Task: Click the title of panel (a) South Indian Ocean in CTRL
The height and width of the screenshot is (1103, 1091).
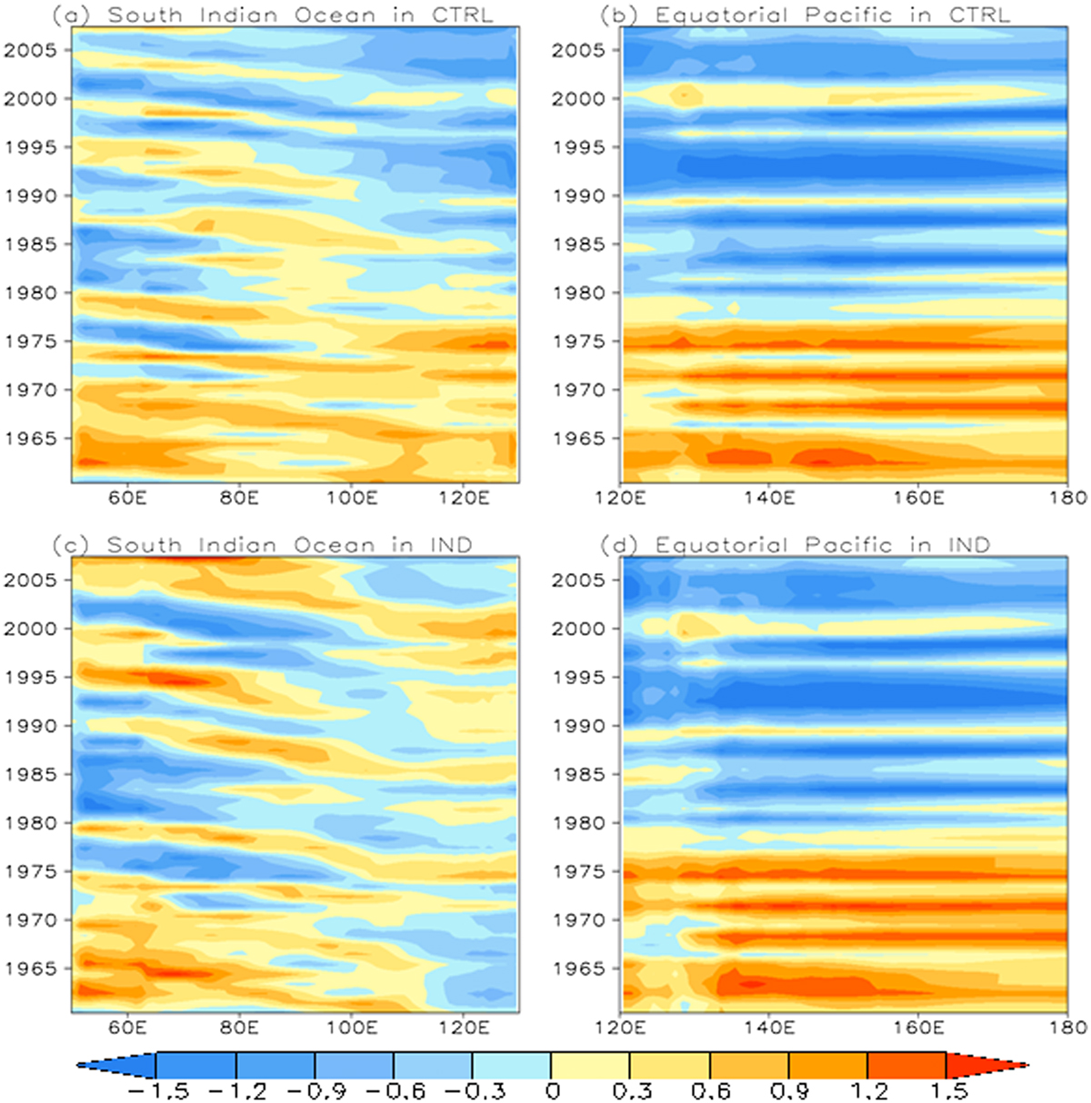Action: coord(273,15)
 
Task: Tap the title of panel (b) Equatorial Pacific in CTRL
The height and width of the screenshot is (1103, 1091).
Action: coord(806,15)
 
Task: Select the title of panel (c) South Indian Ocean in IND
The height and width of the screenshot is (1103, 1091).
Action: coord(262,544)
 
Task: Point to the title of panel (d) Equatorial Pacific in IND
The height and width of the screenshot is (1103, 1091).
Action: coord(796,544)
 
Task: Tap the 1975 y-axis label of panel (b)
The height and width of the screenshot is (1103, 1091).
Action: coord(580,341)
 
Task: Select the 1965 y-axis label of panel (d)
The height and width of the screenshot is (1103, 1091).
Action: coord(580,969)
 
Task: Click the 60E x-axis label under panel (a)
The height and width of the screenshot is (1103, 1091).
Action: coord(126,498)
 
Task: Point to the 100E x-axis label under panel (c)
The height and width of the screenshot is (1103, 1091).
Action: coord(352,1028)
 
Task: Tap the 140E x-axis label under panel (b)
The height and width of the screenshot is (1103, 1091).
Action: coord(769,498)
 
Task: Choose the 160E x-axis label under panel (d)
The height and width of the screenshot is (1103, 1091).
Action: coord(918,1028)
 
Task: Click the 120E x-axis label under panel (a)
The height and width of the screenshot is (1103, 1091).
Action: coord(465,498)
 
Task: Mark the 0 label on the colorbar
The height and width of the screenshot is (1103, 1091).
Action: coord(552,1091)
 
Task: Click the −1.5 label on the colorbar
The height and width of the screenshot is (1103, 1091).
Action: coord(158,1091)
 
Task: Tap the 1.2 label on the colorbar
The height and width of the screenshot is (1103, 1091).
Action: coord(867,1091)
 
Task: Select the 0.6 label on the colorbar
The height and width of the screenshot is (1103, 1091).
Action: coord(709,1091)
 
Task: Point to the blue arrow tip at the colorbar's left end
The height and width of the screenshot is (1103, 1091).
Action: coord(78,1065)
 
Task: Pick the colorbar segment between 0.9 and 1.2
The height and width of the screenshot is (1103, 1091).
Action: coord(828,1065)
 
